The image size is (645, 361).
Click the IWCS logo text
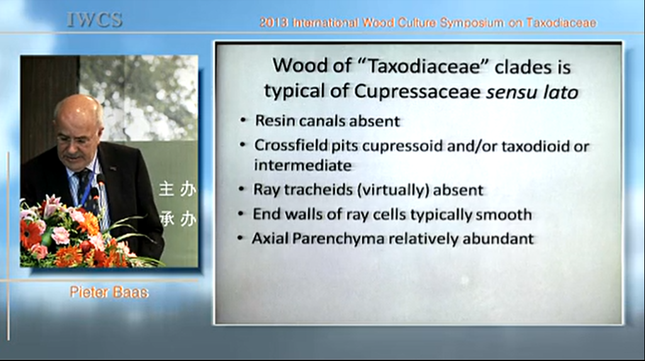[x=94, y=19]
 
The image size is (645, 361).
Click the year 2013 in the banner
[x=274, y=23]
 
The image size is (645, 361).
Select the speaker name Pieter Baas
[x=109, y=292]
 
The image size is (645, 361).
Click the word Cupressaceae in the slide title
[x=417, y=92]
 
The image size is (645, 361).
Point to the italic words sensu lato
[x=532, y=92]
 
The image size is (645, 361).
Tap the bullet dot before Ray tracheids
[x=242, y=189]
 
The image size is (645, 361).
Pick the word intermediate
[x=303, y=165]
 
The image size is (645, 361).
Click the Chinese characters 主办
[x=177, y=189]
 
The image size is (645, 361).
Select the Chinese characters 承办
[x=177, y=219]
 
